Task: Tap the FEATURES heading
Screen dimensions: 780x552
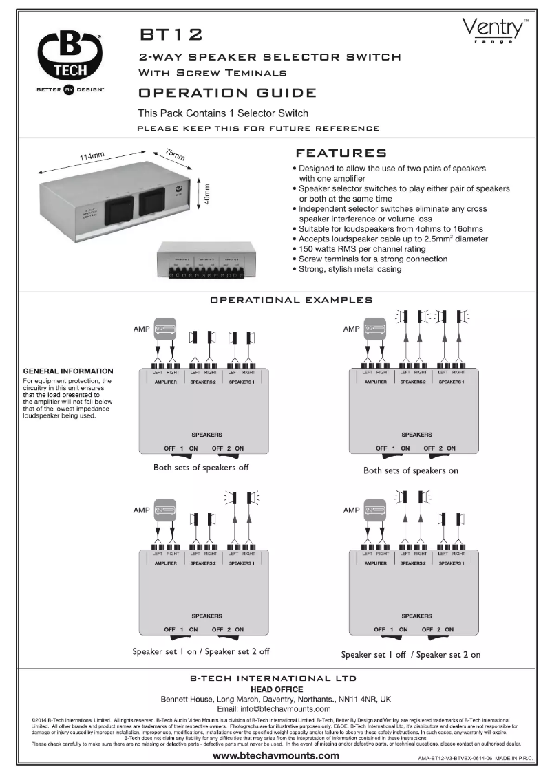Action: [341, 153]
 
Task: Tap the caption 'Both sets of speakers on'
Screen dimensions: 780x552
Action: [411, 470]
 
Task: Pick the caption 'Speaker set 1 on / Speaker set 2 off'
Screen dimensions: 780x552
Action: [200, 651]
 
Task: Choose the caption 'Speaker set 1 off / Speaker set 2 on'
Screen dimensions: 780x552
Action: [411, 654]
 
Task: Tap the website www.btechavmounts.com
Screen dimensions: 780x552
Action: [275, 755]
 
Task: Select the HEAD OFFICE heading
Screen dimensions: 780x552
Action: [275, 689]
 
